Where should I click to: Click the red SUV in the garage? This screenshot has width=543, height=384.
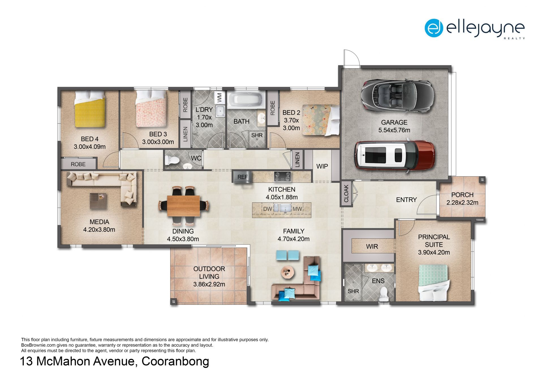[x=395, y=155]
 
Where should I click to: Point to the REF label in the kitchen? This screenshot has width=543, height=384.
[x=242, y=177]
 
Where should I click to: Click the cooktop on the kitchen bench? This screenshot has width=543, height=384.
[x=282, y=177]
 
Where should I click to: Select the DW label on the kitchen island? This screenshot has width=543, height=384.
[x=268, y=209]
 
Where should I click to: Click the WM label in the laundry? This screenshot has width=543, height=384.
[x=219, y=98]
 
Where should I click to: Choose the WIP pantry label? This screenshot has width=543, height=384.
[x=322, y=166]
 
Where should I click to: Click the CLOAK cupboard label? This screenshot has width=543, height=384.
[x=346, y=194]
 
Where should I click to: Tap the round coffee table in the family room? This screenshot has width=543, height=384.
[x=288, y=272]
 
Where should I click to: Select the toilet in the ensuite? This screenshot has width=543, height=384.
[x=383, y=293]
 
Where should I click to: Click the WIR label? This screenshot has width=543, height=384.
[x=372, y=247]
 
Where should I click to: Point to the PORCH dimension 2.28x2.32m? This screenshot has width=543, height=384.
[x=462, y=203]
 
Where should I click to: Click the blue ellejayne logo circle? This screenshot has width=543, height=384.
[x=434, y=28]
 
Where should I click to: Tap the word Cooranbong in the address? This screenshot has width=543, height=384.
[x=175, y=362]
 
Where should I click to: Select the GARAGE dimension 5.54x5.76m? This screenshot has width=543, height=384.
[x=394, y=130]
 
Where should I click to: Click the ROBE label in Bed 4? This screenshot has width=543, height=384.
[x=78, y=164]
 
